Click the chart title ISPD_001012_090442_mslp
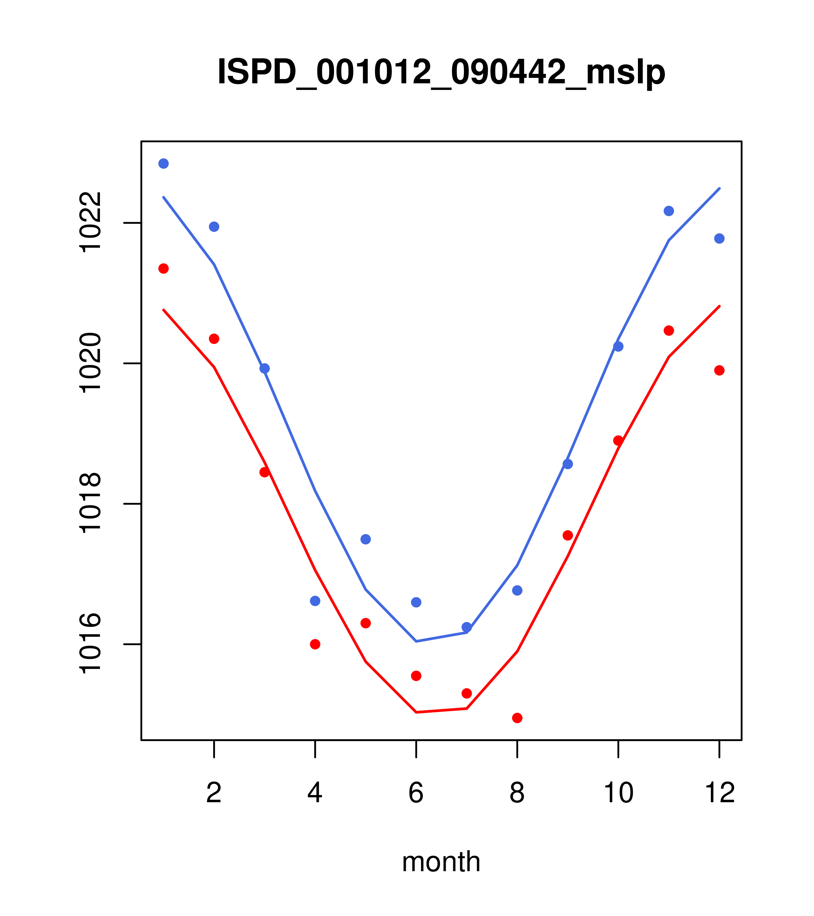click(x=441, y=72)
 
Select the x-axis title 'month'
click(x=441, y=862)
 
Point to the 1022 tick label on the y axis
click(x=90, y=223)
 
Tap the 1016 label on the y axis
click(x=90, y=644)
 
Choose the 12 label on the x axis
click(x=720, y=793)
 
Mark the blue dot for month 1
click(x=163, y=163)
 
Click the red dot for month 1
click(x=163, y=268)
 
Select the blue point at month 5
click(x=366, y=539)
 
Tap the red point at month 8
click(x=517, y=718)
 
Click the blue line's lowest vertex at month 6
click(x=416, y=641)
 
